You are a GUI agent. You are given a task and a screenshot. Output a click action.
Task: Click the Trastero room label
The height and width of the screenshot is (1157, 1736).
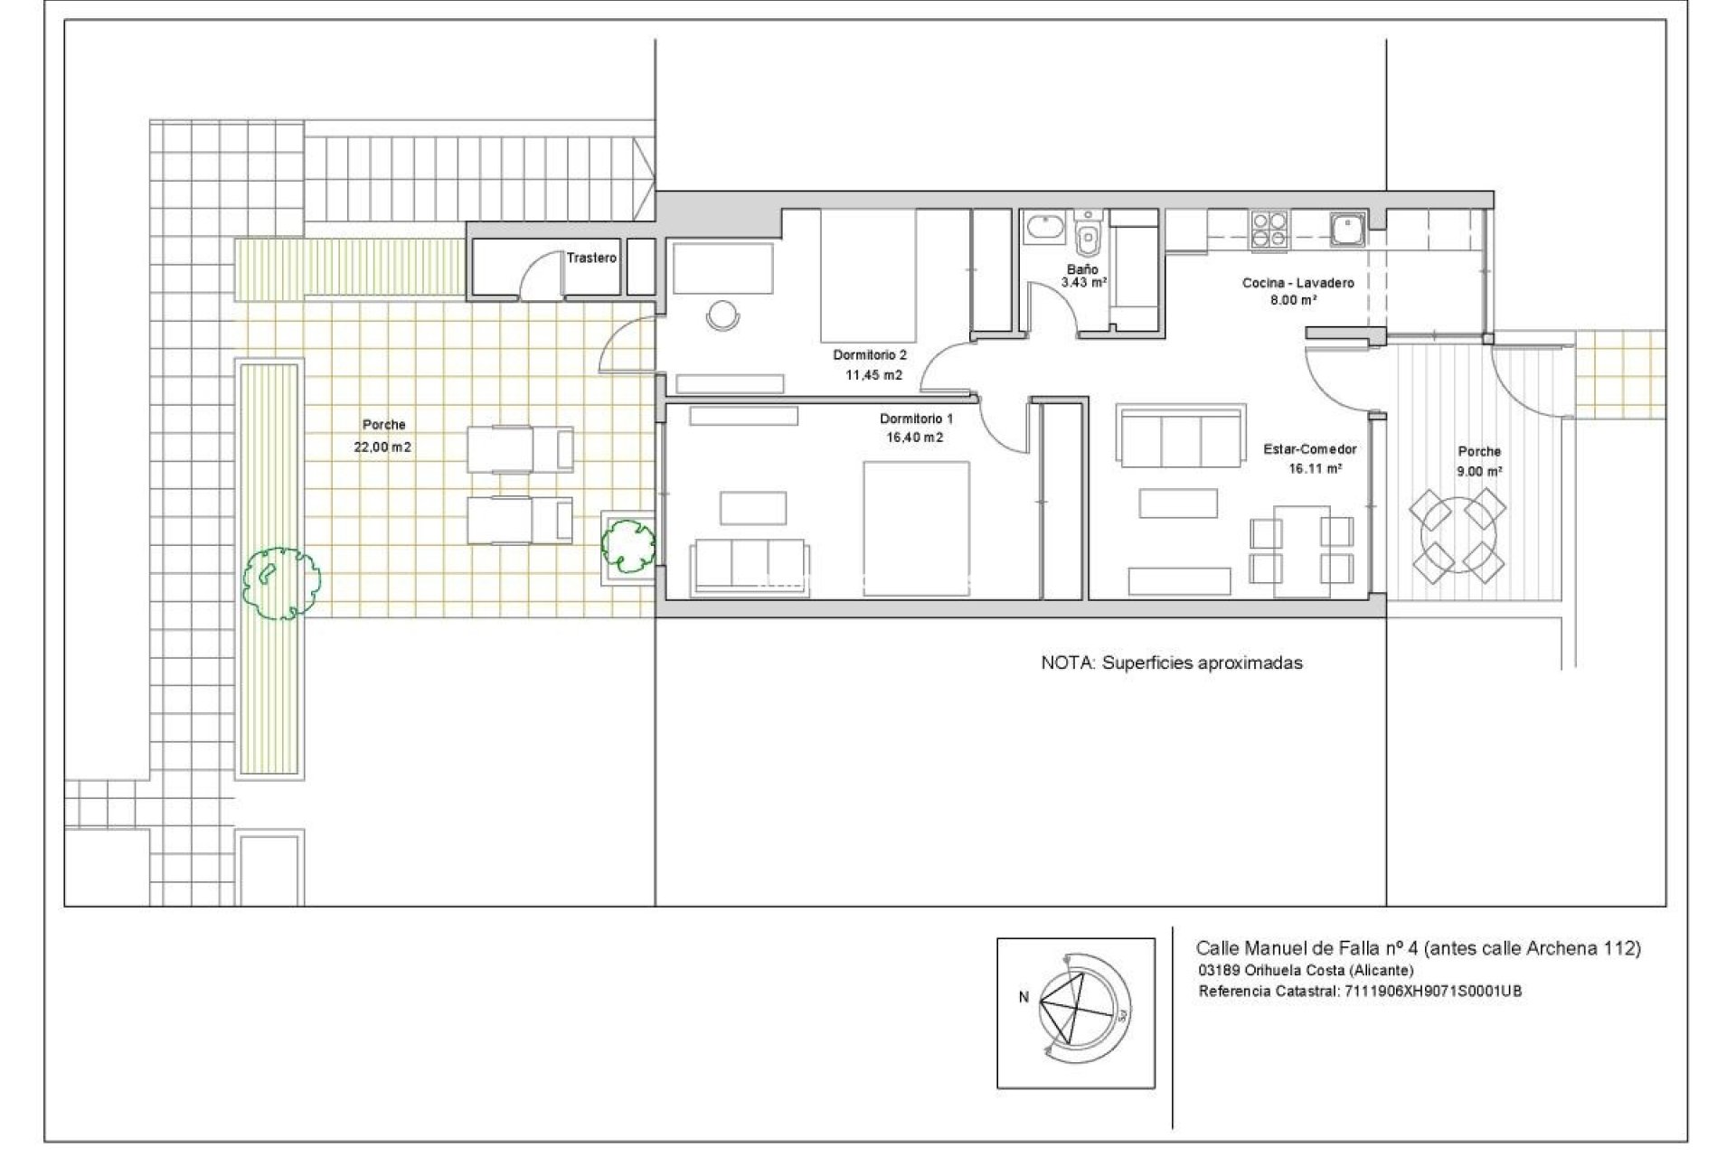click(591, 258)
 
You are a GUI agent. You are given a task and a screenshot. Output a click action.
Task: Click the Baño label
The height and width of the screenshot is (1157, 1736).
click(1081, 269)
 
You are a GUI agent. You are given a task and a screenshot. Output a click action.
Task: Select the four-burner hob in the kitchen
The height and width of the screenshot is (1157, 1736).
click(1270, 229)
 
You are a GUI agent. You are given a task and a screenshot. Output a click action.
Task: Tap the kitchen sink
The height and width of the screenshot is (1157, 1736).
click(1348, 229)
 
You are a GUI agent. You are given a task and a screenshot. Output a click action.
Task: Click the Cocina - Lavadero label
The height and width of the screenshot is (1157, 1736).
click(1297, 283)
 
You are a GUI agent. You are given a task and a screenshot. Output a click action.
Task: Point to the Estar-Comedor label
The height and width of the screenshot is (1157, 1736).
click(1309, 449)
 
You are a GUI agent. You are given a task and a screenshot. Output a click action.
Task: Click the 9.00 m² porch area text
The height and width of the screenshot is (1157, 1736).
click(1479, 471)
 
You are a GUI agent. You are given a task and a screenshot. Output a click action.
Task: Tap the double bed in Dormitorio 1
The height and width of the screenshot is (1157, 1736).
click(916, 528)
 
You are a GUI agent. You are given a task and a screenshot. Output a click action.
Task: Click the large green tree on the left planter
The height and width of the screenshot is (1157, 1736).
click(281, 583)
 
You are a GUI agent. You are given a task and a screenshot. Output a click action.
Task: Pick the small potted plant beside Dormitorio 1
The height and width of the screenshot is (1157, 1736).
click(627, 544)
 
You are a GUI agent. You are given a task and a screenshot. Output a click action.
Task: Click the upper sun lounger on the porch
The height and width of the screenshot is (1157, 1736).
click(520, 449)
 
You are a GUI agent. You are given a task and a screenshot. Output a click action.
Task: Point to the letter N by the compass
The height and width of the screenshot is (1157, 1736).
click(1024, 998)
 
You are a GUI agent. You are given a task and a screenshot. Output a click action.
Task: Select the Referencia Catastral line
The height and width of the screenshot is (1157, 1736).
click(1360, 992)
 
